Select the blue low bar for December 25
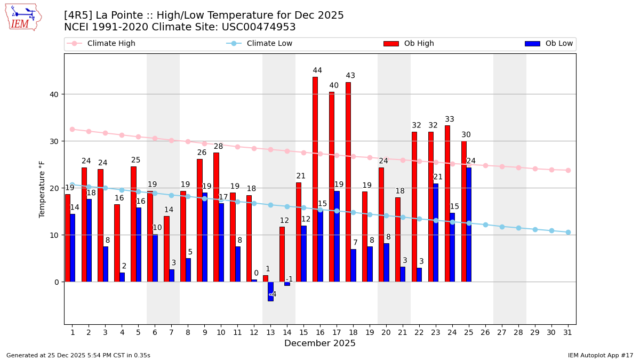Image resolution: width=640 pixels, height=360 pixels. point(469,225)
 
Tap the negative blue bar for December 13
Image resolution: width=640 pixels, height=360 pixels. point(270,291)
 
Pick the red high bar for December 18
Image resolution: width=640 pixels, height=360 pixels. point(348,182)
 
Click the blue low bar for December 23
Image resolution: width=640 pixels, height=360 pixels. point(436,233)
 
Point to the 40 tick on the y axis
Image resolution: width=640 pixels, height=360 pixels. point(54,94)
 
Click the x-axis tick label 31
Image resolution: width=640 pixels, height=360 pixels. point(568,332)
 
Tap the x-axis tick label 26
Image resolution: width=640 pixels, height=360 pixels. point(485,332)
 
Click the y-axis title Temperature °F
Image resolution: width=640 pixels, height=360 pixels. point(42,189)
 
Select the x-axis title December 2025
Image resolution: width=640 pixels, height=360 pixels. point(320,343)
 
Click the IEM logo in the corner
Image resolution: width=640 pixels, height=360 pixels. point(23,17)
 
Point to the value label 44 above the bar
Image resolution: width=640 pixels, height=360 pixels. point(317,70)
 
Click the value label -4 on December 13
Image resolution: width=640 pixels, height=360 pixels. point(272,294)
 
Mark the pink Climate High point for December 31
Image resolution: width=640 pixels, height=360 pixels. point(568,170)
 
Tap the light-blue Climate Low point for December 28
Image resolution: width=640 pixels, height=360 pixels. point(518,228)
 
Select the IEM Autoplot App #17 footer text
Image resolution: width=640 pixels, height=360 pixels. point(600,355)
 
